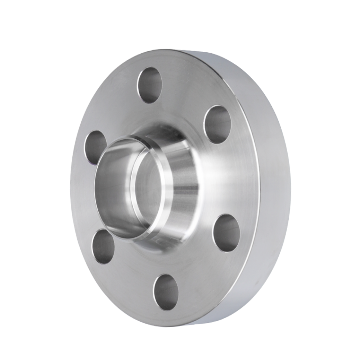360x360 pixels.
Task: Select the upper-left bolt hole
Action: [96, 148]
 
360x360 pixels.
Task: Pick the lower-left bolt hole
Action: [103, 247]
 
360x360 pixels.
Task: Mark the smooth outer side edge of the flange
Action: [274, 187]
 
